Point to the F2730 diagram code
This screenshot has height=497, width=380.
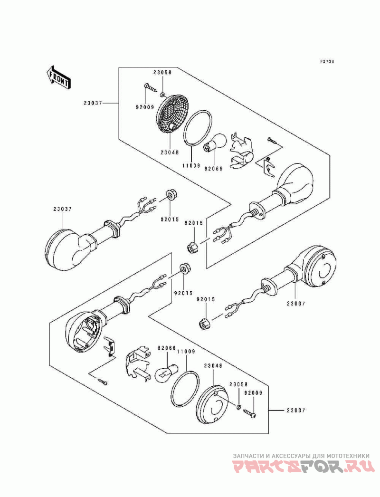[x=327, y=62]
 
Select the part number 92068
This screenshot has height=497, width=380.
[x=167, y=348]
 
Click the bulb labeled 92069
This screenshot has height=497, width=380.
[x=215, y=142]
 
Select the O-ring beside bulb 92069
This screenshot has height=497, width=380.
[x=198, y=129]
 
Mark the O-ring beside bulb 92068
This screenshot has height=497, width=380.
[x=185, y=388]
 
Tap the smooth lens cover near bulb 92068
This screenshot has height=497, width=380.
[x=213, y=404]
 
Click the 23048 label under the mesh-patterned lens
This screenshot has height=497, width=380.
[x=170, y=152]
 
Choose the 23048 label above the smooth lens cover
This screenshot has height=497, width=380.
[x=213, y=365]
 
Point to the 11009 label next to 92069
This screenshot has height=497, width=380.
[x=191, y=165]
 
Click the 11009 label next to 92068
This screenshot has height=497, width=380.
[x=186, y=352]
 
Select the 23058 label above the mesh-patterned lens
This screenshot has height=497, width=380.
[x=162, y=72]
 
